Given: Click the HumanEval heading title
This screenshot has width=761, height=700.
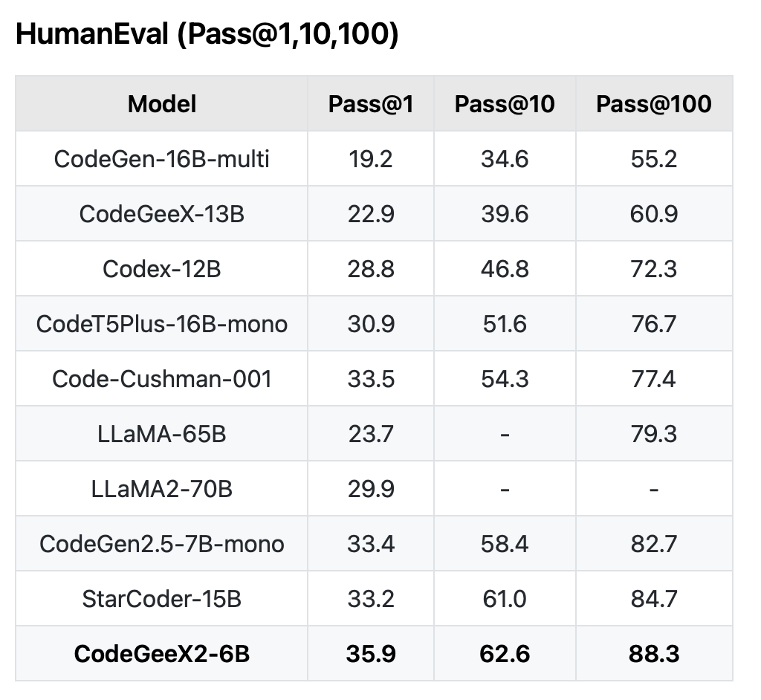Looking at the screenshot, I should (x=207, y=35).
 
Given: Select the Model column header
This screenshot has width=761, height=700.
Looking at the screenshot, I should (x=162, y=104).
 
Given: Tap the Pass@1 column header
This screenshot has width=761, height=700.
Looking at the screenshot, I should (x=371, y=104).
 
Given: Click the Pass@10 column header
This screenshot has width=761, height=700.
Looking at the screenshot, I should (x=505, y=104).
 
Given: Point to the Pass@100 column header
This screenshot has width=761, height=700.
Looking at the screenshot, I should (x=653, y=104).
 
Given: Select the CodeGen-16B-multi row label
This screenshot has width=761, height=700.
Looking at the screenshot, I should (x=162, y=159).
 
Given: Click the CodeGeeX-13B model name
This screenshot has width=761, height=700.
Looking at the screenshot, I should (x=162, y=214).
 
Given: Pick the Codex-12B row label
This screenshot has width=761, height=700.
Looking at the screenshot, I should (x=162, y=269).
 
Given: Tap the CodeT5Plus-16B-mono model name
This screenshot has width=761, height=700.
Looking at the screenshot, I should (x=162, y=324).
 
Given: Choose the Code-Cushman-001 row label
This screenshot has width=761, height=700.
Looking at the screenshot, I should (x=162, y=379).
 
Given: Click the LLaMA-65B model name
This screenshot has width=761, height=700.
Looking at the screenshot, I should (x=162, y=434).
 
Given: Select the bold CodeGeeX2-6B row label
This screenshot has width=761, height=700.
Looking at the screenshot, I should (x=162, y=654).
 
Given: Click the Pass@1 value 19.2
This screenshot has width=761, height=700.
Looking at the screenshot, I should (x=371, y=159).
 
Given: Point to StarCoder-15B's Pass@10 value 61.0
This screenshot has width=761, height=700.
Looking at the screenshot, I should (x=505, y=599).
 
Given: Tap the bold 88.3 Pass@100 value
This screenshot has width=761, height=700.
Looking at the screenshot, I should (x=653, y=654).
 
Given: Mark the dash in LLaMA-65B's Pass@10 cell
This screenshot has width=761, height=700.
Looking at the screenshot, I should (x=505, y=434).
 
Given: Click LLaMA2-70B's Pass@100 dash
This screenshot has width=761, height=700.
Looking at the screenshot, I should (x=653, y=489).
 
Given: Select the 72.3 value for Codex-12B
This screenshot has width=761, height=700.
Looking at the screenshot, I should (x=653, y=269).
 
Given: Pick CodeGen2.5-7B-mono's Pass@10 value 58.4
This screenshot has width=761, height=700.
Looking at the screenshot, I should (x=505, y=544).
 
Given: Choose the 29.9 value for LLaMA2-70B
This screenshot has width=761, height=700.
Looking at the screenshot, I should (x=371, y=489).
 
